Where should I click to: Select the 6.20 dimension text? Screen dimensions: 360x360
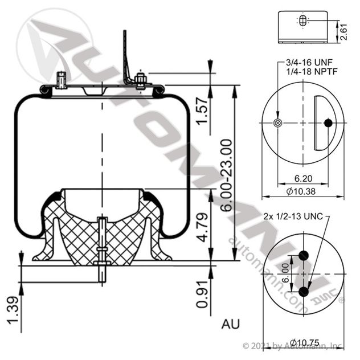[302, 179]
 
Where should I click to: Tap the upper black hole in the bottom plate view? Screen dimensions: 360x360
[303, 256]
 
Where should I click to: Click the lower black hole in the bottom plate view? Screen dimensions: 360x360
[303, 292]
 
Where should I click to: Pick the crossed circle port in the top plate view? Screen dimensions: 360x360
[278, 123]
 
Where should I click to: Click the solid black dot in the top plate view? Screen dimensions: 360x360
[328, 122]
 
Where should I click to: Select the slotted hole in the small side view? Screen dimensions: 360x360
[302, 21]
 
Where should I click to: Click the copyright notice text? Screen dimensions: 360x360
[292, 345]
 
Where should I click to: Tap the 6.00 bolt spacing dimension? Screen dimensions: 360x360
[285, 273]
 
